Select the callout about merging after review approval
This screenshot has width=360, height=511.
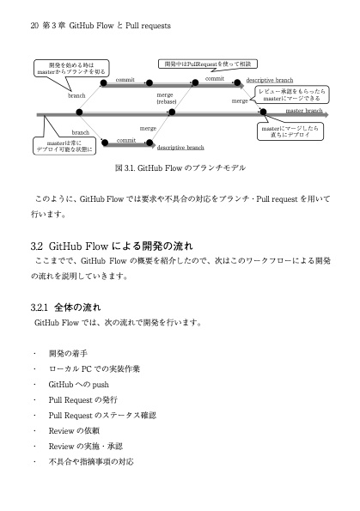[x=291, y=94]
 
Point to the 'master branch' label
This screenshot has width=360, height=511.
[x=304, y=111]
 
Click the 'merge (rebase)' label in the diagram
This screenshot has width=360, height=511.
[x=165, y=98]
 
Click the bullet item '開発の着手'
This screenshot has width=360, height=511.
[x=68, y=354]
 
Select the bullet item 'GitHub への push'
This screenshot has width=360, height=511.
[x=78, y=385]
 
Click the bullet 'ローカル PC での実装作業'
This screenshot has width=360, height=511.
[x=94, y=369]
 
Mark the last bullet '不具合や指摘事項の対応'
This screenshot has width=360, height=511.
[x=90, y=462]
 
